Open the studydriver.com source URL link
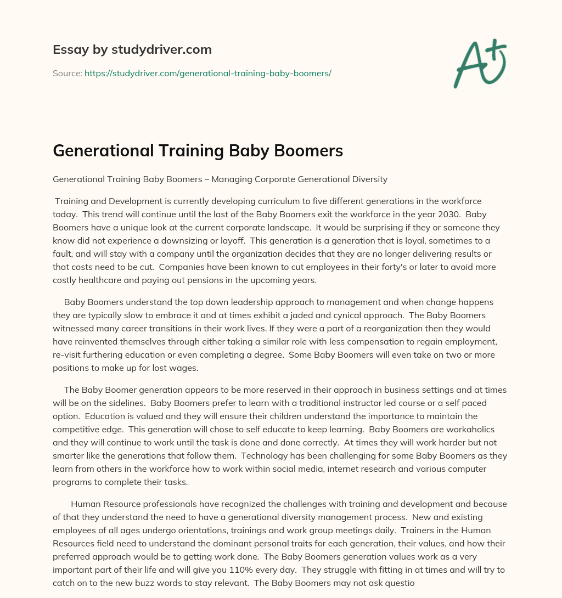click(x=207, y=72)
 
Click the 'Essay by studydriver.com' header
click(x=132, y=49)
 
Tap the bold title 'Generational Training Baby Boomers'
click(x=198, y=151)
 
